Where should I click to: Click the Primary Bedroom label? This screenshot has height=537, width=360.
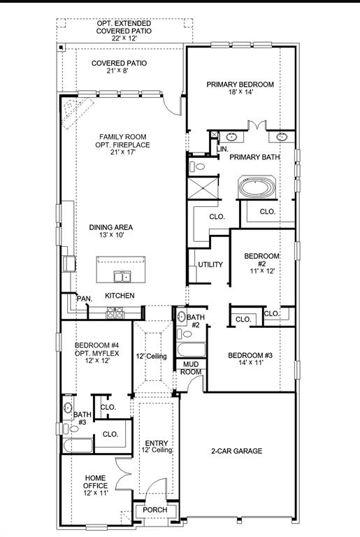click(x=240, y=88)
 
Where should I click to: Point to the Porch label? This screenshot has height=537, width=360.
click(x=154, y=510)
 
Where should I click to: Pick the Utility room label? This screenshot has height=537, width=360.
click(x=210, y=265)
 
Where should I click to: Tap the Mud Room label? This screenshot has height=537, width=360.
click(x=192, y=368)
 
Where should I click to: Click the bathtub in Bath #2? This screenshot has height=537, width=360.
click(x=189, y=349)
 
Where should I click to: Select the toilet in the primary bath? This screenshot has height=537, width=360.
click(x=197, y=166)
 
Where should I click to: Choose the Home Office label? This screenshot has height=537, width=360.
click(x=96, y=485)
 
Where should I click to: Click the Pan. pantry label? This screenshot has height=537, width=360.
click(x=84, y=299)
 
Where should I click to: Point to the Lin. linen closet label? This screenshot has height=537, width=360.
click(x=222, y=149)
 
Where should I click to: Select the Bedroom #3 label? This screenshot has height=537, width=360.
click(x=250, y=359)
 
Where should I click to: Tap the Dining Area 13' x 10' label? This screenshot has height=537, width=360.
click(x=110, y=231)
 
